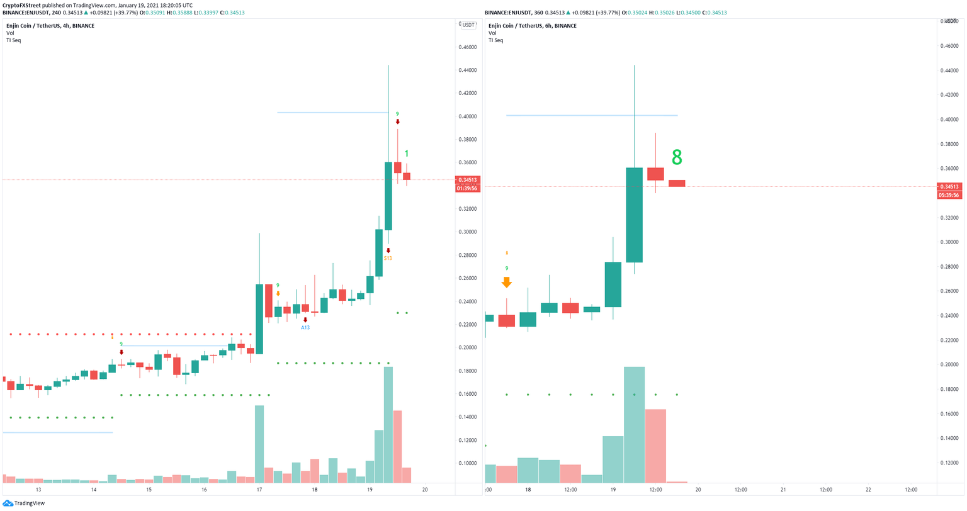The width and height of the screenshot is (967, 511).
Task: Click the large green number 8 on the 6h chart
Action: pos(677,157)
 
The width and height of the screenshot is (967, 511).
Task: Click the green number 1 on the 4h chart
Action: pos(407,154)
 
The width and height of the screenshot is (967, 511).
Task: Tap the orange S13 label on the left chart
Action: pos(388,258)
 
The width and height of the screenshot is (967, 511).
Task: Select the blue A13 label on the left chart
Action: pos(305,328)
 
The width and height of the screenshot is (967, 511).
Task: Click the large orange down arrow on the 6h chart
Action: pos(507,283)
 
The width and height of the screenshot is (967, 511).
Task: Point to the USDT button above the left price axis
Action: pos(468,25)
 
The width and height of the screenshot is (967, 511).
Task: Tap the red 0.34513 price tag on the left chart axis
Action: pos(467,180)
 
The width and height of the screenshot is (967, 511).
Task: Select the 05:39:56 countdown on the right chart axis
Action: pos(949,195)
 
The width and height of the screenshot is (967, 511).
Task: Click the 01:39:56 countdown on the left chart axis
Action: pos(467,188)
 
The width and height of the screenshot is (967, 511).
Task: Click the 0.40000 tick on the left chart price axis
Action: pos(467,116)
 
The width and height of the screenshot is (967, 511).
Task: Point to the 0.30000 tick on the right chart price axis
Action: pos(949,242)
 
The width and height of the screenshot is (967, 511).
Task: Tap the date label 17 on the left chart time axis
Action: pos(259,490)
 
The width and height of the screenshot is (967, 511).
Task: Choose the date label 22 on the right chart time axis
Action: pos(868,490)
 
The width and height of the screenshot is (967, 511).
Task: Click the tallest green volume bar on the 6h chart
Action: pos(634,425)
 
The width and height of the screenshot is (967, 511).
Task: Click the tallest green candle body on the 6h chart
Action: pos(634,215)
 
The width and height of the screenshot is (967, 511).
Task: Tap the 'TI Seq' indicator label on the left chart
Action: pos(14,40)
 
